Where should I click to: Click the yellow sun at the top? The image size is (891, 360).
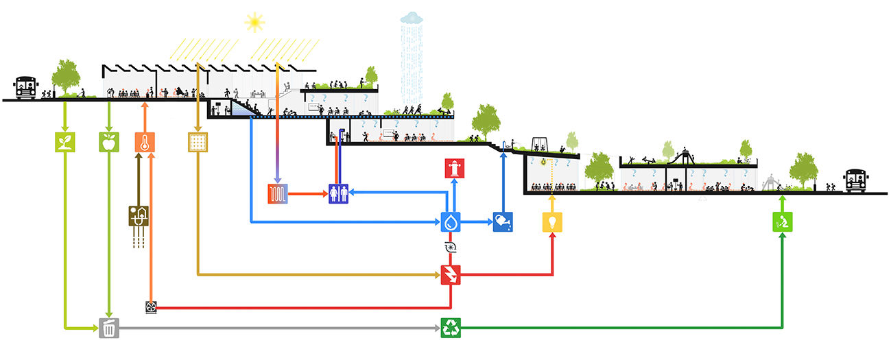[254, 22]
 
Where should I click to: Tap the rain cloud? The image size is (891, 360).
[412, 18]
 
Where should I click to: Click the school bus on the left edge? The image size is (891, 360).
[25, 88]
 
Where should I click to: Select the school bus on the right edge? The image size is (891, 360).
[857, 180]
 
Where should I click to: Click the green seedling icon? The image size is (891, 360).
[64, 142]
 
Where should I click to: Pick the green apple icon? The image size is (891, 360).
[109, 142]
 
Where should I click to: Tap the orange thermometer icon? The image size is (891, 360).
[145, 142]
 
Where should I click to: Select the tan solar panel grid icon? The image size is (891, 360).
[198, 142]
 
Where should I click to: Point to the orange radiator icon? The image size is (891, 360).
[277, 194]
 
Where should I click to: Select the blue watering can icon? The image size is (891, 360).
[503, 221]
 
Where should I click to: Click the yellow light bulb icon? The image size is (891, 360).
[552, 221]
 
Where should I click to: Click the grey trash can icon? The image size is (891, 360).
[109, 328]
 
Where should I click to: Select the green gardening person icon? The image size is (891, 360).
[782, 221]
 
